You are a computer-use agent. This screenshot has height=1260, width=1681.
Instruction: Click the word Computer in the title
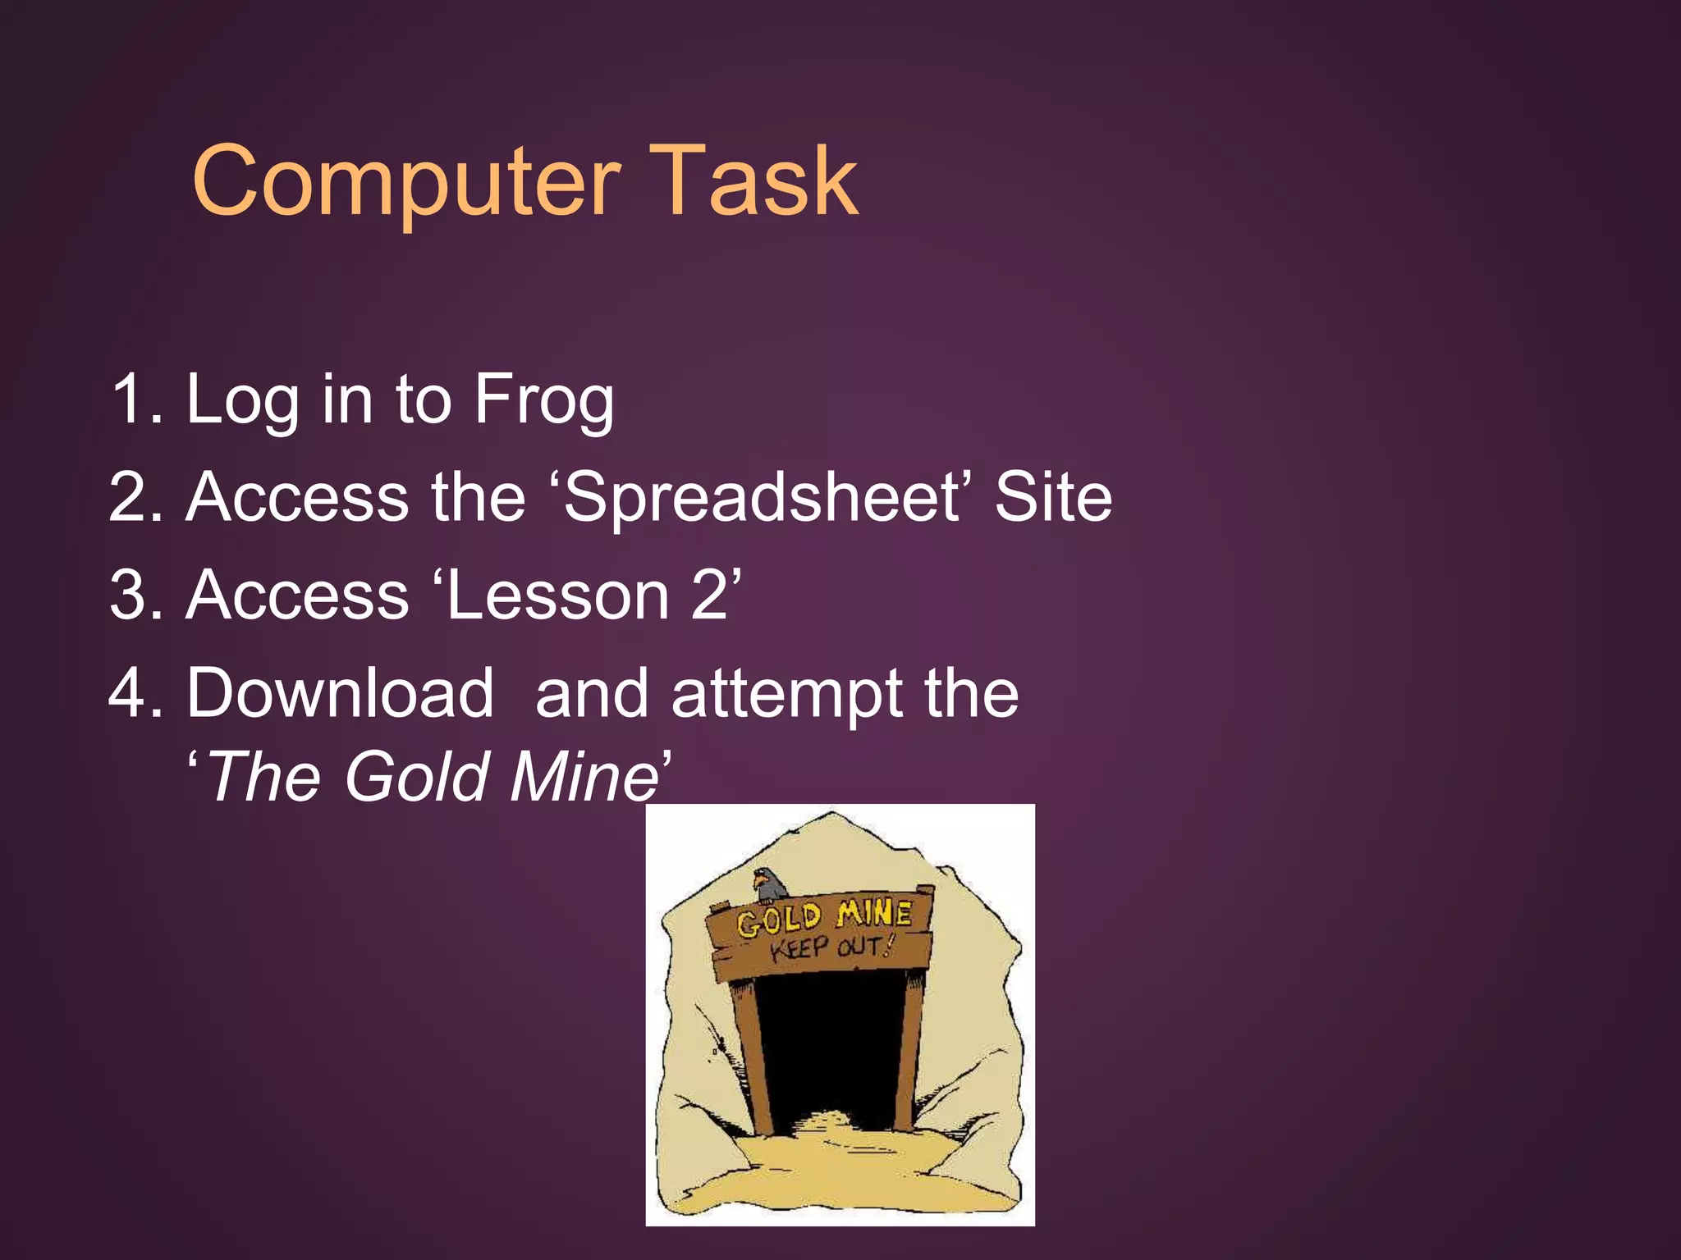click(405, 182)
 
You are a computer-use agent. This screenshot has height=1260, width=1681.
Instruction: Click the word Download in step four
click(340, 693)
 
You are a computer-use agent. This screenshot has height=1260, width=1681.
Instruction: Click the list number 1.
click(131, 399)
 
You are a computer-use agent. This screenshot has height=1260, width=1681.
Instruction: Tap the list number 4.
click(131, 693)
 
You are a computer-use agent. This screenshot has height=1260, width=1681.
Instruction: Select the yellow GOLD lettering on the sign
click(778, 920)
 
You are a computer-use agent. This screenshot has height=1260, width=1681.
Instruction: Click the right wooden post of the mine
click(911, 1050)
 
